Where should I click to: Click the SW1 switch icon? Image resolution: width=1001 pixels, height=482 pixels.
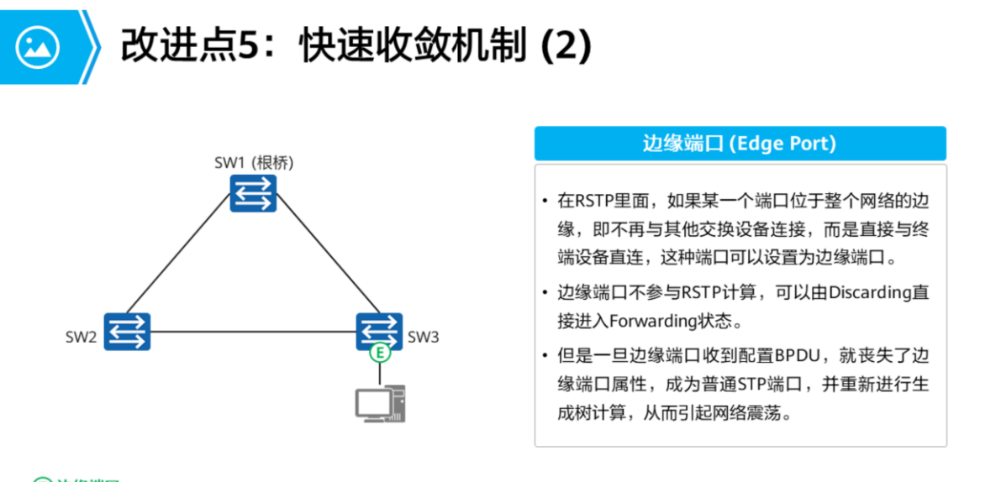tap(253, 194)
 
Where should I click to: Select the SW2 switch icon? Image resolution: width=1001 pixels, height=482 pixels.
tap(127, 331)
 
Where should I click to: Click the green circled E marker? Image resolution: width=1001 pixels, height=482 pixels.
tap(381, 353)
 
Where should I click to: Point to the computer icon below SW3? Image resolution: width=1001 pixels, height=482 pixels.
tap(381, 403)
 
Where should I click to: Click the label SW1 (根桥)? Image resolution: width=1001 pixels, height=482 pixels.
tap(253, 162)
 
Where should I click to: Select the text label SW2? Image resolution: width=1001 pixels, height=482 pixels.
tap(82, 338)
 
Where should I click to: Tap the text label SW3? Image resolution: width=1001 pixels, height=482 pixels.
tap(424, 338)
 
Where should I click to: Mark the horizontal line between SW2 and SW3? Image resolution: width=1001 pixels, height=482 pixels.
tap(252, 330)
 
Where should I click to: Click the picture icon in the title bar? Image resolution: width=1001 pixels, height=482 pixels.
tap(38, 47)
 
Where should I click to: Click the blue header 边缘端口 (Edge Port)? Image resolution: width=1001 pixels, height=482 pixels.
tap(740, 144)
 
